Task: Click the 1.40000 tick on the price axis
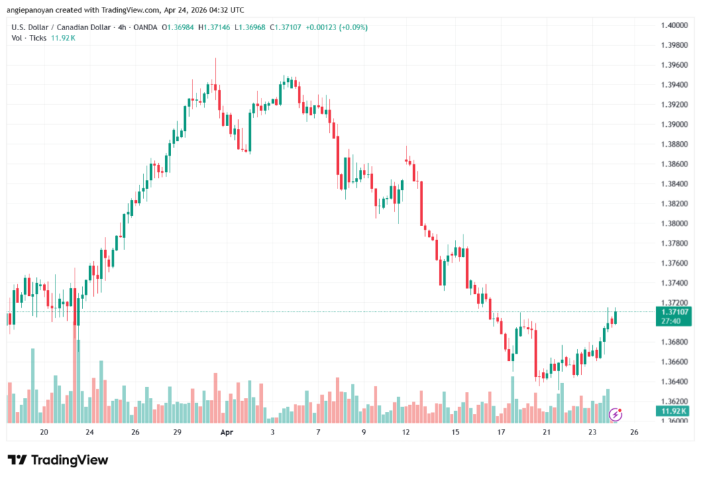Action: (674, 25)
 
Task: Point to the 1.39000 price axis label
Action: (674, 125)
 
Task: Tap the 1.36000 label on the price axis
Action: (674, 421)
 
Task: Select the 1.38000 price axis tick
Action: (674, 223)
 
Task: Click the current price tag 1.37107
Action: (674, 311)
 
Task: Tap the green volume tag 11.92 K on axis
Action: (674, 411)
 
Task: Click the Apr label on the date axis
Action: (227, 432)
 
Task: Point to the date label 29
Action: (177, 432)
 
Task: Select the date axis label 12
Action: (406, 432)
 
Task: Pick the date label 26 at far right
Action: (635, 432)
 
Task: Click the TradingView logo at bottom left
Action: (58, 460)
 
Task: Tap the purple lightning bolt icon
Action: (616, 414)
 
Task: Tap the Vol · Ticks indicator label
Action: (29, 38)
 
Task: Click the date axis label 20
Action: (44, 432)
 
